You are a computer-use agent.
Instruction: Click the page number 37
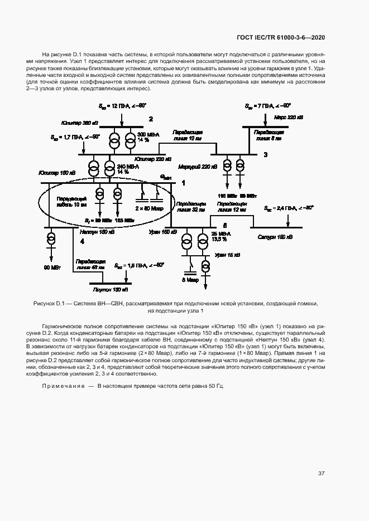pos(322,474)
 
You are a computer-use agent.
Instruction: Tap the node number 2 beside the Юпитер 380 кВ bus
pos(150,119)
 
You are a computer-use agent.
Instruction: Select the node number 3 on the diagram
pos(265,154)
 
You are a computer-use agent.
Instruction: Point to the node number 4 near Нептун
pos(82,241)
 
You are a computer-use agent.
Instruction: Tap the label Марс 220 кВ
pos(289,118)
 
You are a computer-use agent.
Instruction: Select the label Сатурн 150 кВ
pos(275,237)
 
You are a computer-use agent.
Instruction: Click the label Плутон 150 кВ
pos(110,290)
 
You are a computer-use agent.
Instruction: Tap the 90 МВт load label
pos(52,267)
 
